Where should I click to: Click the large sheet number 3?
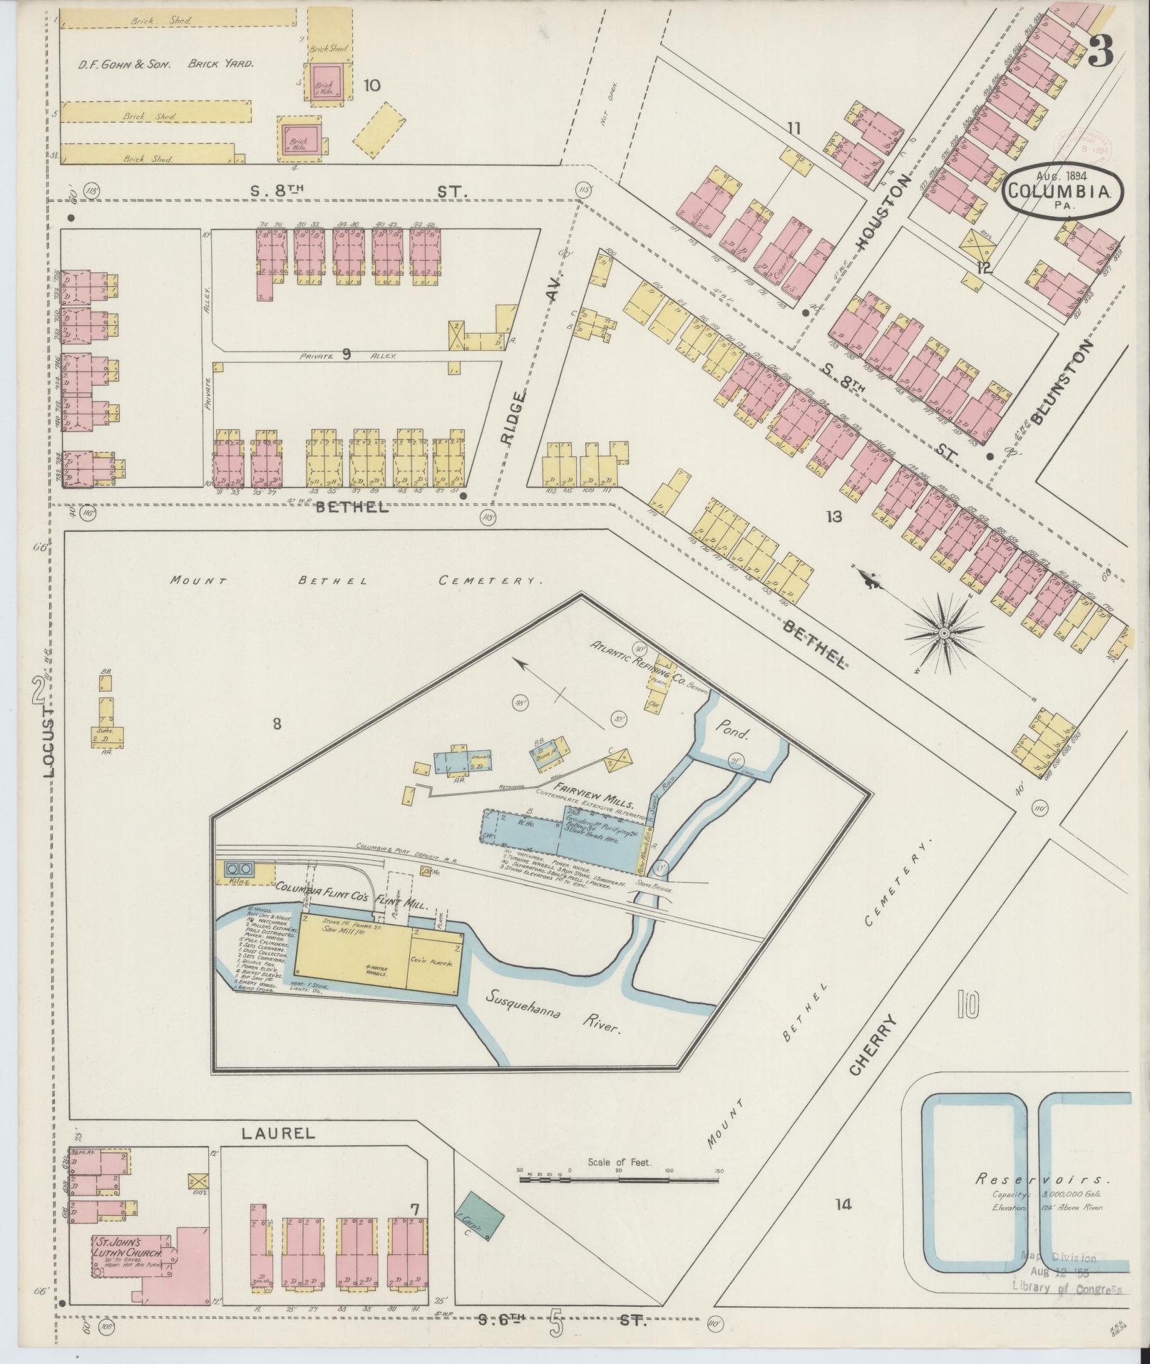click(1101, 51)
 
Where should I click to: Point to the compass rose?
click(944, 632)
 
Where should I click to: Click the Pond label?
click(731, 732)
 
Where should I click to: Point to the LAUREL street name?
click(277, 1133)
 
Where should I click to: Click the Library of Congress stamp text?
click(1066, 1288)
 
